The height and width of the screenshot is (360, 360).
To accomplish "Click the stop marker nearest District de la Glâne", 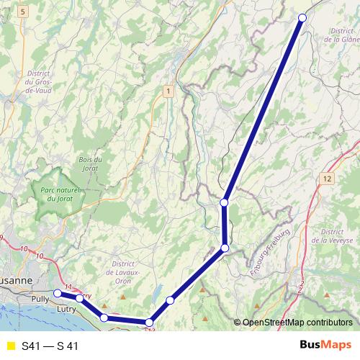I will point(302,18).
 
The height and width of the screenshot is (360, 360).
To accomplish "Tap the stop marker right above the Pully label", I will point(58,293).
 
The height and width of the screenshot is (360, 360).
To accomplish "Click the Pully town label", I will point(40,297).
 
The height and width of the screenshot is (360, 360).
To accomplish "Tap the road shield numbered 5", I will point(22,12).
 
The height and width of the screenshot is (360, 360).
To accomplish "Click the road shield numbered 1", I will point(167,91).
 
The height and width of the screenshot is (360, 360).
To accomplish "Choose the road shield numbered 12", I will point(328,177).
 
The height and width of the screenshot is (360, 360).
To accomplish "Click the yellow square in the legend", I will point(9,346).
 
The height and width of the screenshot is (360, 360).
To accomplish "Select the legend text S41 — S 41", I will point(50,346).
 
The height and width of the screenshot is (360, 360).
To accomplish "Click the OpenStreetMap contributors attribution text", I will point(297,323).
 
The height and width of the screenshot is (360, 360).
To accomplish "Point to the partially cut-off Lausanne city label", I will point(16,279).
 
